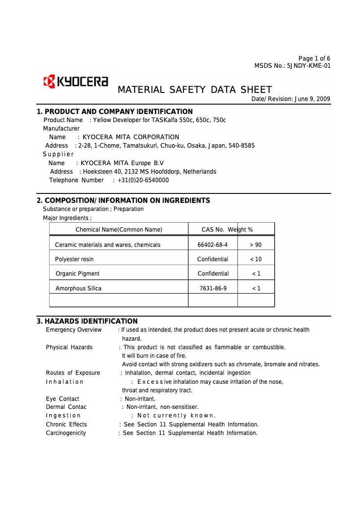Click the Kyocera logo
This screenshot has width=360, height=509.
pos(75,82)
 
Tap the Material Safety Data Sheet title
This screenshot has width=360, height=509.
pos(194,90)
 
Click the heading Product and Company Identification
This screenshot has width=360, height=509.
pos(114,112)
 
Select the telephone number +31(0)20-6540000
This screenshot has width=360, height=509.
pos(143,180)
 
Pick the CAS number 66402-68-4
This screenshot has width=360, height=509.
pos(212,245)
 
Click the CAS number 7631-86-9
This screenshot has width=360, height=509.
pos(213,289)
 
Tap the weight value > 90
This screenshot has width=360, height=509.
pos(255,245)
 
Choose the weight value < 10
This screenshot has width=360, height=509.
pos(255,259)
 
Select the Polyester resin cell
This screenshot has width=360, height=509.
pos(75,259)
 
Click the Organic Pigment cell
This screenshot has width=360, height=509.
pos(77,274)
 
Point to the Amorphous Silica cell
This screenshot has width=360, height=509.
pos(78,289)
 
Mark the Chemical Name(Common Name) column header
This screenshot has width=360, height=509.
pos(119,230)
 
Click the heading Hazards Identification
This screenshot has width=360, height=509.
pos(87,321)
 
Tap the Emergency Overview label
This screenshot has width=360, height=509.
pos(74,330)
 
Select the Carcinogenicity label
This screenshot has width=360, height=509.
pos(66,433)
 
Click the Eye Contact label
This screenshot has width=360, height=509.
pos(62,399)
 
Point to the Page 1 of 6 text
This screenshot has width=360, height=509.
pos(314,58)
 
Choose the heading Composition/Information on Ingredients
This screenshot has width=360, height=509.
pos(123,201)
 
